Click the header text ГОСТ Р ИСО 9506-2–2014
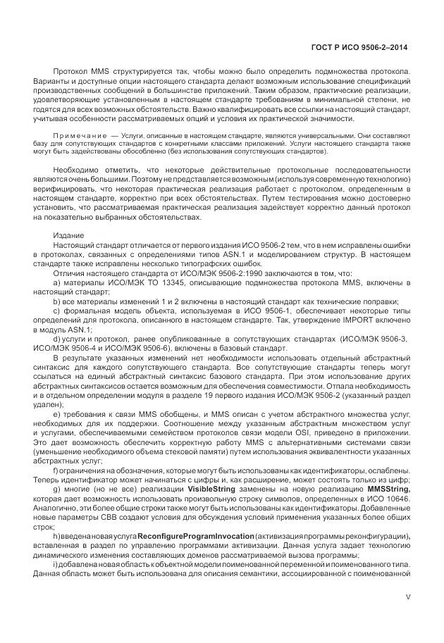pos(359,47)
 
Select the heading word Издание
pos(68,235)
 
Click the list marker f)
pos(56,449)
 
